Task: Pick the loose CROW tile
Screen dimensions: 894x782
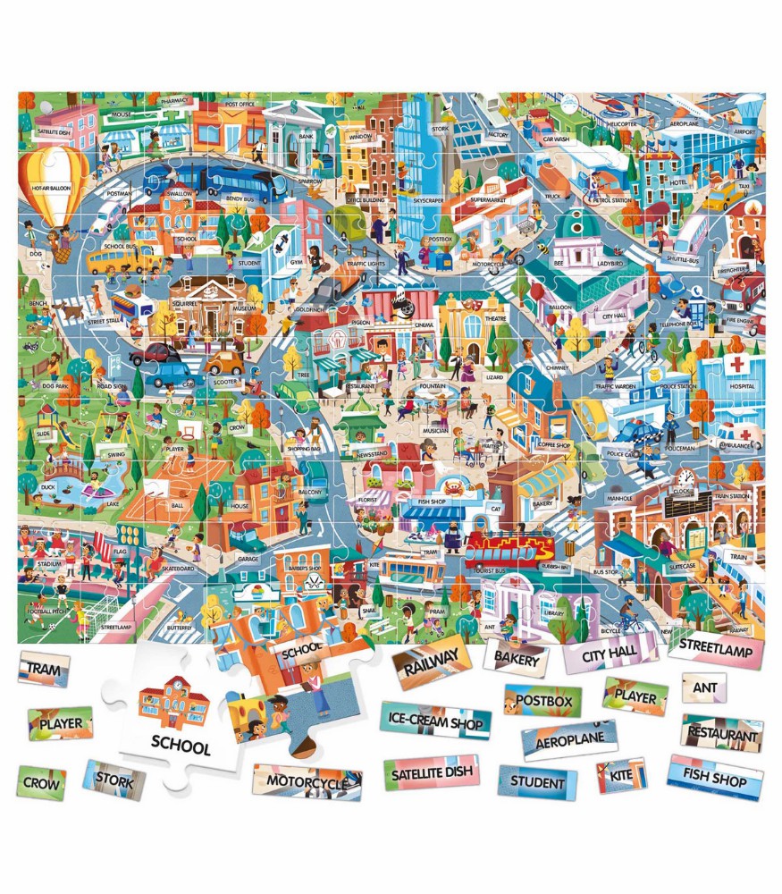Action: pos(41,782)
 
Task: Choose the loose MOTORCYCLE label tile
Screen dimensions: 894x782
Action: pos(307,781)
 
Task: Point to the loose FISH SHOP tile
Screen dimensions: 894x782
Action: pos(714,777)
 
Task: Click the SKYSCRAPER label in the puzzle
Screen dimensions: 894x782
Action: pos(425,202)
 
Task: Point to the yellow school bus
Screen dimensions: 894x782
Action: pos(113,258)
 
